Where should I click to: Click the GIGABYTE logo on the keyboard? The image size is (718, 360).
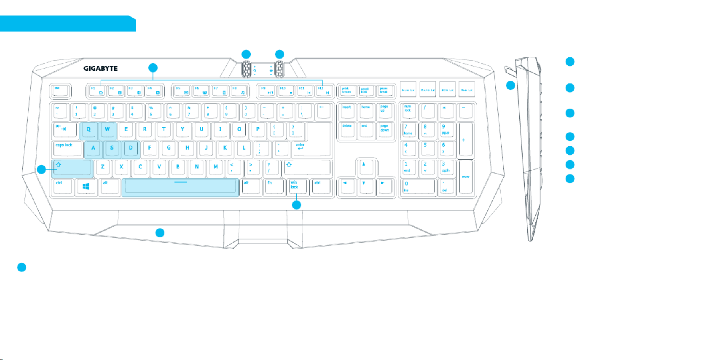101,68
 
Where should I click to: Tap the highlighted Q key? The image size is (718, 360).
89,130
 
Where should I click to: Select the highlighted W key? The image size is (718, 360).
107,130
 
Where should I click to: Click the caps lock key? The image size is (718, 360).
67,149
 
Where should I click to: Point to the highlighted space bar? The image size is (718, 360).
180,187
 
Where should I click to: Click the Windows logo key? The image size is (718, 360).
86,186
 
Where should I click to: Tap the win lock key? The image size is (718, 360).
297,186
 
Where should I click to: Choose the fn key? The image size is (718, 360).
274,186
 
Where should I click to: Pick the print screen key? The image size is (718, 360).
347,91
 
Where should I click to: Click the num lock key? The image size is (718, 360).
408,111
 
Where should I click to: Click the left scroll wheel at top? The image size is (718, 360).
246,69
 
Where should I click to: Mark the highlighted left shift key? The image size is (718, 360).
72,168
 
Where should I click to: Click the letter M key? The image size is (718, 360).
216,168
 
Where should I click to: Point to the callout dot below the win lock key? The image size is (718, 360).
296,205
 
